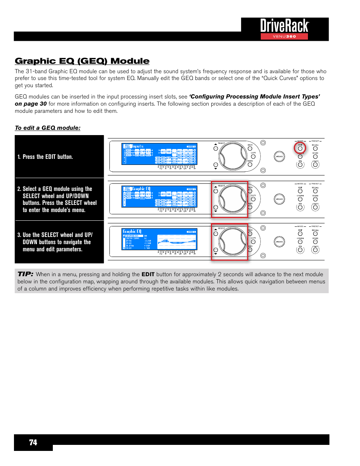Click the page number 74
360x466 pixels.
tap(33, 442)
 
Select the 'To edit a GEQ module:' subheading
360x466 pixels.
tap(48, 128)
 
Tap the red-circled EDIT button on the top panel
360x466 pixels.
tap(300, 148)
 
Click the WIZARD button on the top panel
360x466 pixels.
tap(279, 157)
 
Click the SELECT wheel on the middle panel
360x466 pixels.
tap(232, 199)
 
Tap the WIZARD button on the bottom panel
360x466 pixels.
tap(279, 242)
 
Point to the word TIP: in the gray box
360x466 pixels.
tap(25, 274)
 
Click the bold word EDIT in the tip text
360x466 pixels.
tap(148, 275)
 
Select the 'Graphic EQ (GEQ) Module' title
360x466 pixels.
tap(82, 61)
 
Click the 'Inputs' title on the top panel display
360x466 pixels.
tap(138, 146)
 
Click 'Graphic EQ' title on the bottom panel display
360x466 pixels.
tap(132, 231)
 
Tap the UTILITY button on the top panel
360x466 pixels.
tap(315, 165)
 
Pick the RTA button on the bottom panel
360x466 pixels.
tap(300, 250)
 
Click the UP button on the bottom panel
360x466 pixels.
tap(216, 234)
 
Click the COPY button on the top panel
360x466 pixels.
tap(253, 157)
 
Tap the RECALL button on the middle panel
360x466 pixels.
tap(315, 191)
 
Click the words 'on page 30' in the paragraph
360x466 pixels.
tap(31, 104)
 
